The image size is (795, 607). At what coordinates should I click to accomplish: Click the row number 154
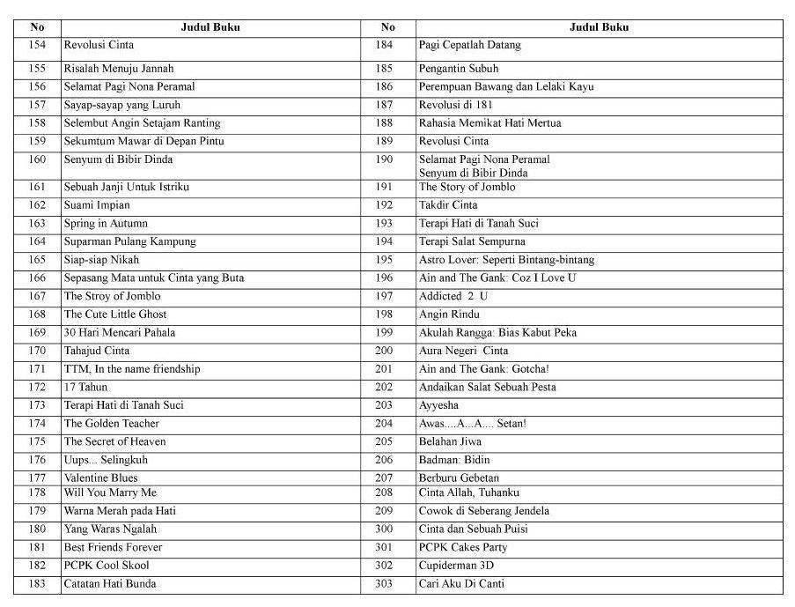click(x=37, y=45)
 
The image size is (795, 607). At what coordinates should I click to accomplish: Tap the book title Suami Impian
click(x=96, y=205)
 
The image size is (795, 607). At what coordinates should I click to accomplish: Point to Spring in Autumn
click(x=106, y=224)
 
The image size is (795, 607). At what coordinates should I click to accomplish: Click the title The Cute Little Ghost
click(x=114, y=315)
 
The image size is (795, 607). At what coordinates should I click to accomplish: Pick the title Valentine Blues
click(x=100, y=478)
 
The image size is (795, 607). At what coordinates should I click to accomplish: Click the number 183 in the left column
click(x=37, y=584)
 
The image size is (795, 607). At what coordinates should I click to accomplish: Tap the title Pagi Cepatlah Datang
click(x=469, y=45)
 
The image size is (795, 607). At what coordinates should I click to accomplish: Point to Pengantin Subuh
click(x=458, y=69)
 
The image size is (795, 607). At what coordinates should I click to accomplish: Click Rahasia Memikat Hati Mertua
click(x=490, y=123)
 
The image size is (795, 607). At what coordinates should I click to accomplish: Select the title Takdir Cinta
click(x=448, y=205)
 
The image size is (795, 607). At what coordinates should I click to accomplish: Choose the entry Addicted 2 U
click(x=453, y=296)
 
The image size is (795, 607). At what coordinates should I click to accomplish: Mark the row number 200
click(x=385, y=351)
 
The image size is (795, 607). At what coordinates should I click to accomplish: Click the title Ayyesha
click(x=438, y=405)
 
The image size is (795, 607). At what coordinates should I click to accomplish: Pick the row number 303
click(x=385, y=584)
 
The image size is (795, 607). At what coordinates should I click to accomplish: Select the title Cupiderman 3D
click(x=456, y=566)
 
